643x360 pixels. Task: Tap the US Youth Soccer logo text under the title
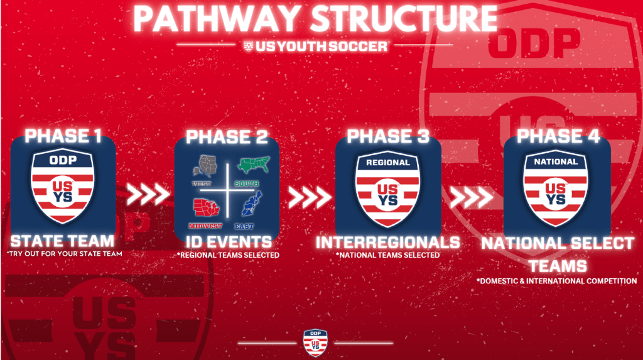(315, 46)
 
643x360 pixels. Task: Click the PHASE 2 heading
(227, 136)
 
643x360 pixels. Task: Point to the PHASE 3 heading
(387, 136)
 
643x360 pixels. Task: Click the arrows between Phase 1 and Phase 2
(148, 195)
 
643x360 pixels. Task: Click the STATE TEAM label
(63, 241)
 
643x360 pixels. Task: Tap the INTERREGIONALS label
(387, 243)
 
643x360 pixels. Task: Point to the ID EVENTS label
(227, 242)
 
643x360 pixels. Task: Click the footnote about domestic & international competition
(556, 281)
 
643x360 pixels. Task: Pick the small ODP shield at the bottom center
(315, 342)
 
